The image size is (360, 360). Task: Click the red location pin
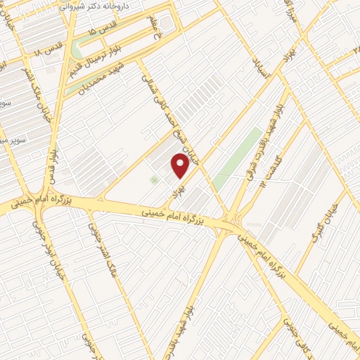click(181, 166)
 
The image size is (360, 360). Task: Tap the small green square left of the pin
click(154, 181)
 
